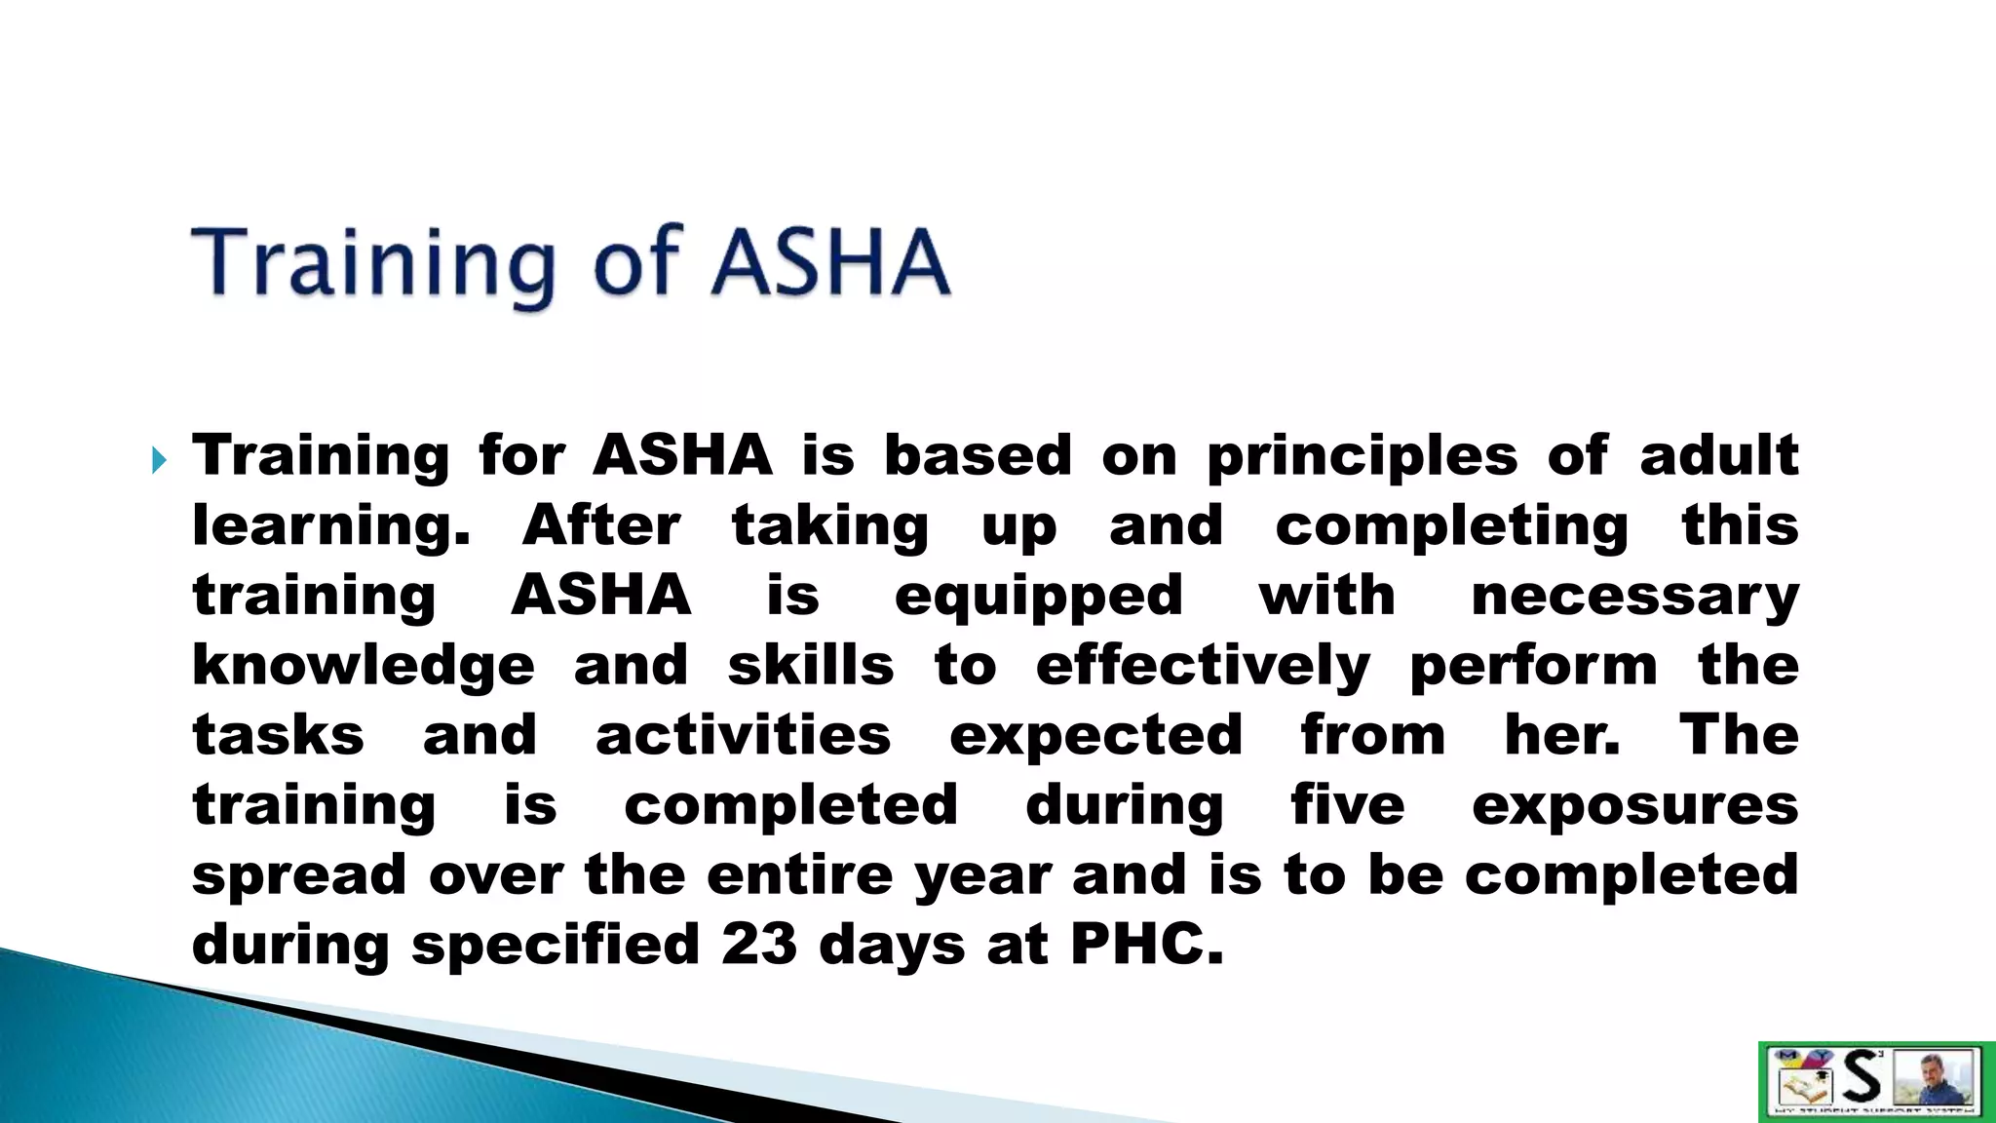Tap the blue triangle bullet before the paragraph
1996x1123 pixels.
click(x=160, y=459)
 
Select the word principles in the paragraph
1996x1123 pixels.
click(x=1363, y=457)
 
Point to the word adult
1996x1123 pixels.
click(x=1718, y=455)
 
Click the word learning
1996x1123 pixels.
click(x=330, y=527)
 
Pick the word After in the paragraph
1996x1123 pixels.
click(x=601, y=525)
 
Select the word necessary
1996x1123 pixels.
click(x=1634, y=596)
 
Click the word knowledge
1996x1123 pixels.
click(x=364, y=667)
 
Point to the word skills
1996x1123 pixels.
click(x=811, y=666)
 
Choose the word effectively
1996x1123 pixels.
click(x=1203, y=667)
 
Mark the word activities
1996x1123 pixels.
click(x=743, y=736)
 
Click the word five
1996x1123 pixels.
click(x=1348, y=805)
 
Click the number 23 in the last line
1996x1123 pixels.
click(x=759, y=944)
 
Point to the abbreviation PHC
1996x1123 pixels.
click(x=1145, y=944)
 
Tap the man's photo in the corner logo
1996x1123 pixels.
click(x=1939, y=1078)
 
